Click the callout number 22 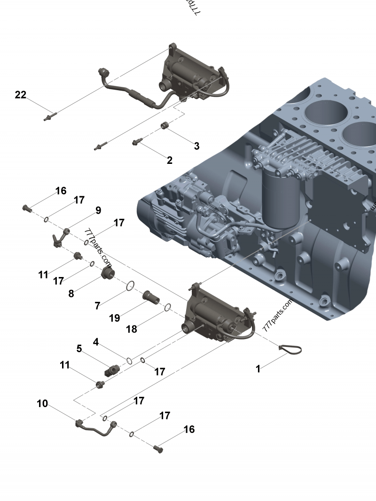pos(21,95)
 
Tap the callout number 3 pos(196,146)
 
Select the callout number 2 pos(170,160)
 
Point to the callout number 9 pos(98,210)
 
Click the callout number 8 pos(71,293)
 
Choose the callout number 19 pos(115,318)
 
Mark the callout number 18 pos(132,329)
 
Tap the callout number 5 pos(79,349)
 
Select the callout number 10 pos(42,403)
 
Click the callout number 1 pos(258,369)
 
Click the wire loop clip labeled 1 pos(290,349)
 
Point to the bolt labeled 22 pos(50,116)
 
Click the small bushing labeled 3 pos(165,125)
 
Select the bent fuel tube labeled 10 pos(96,428)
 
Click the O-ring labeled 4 pos(128,361)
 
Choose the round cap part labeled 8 pos(108,273)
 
